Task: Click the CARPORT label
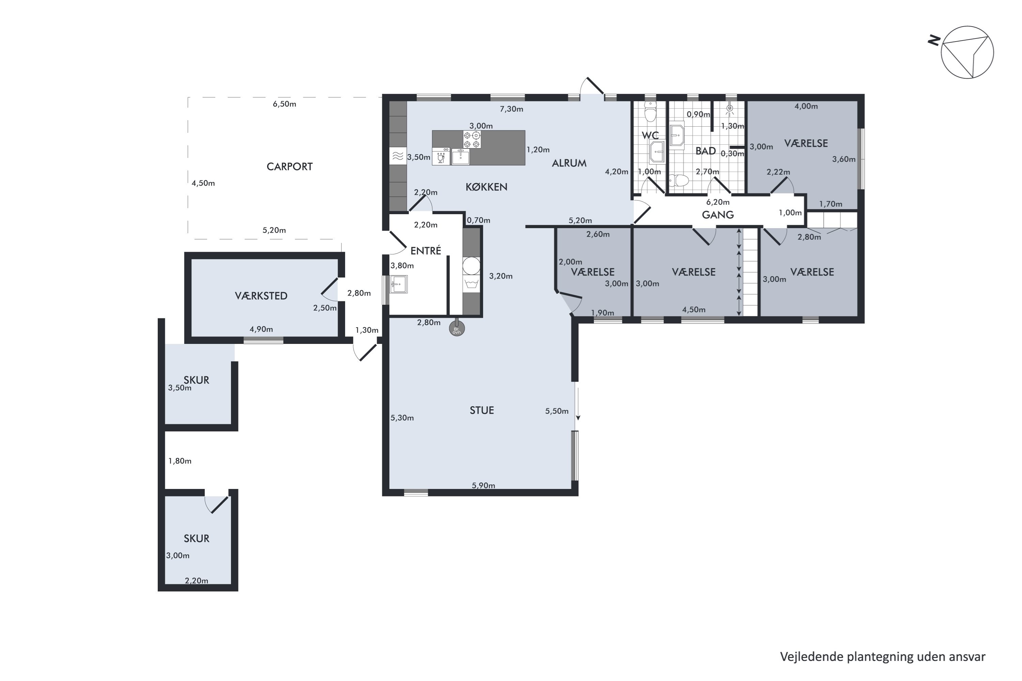click(x=289, y=167)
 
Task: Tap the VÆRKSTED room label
click(x=261, y=296)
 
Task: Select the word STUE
click(x=482, y=410)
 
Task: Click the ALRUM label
click(x=569, y=163)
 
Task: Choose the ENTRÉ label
click(x=426, y=250)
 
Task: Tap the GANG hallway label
click(x=718, y=215)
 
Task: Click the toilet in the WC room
click(x=650, y=112)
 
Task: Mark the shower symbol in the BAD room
click(x=730, y=108)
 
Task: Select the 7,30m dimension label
click(x=511, y=109)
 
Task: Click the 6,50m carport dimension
click(x=284, y=104)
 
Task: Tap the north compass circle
click(x=967, y=52)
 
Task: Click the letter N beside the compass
click(x=934, y=41)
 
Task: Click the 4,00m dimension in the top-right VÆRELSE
click(x=806, y=106)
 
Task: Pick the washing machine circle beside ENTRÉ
click(x=471, y=266)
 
